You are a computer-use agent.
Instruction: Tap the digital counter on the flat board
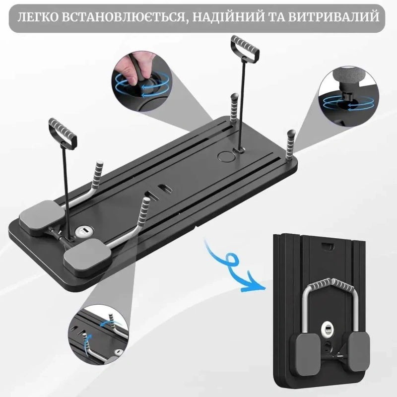(x=83, y=231)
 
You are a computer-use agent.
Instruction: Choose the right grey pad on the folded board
(x=359, y=352)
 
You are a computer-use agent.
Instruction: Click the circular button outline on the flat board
(x=226, y=156)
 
